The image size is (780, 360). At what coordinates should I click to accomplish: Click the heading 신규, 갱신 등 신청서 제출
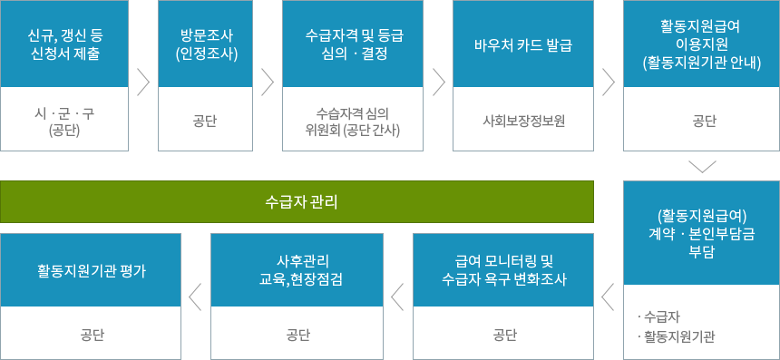pyautogui.click(x=64, y=44)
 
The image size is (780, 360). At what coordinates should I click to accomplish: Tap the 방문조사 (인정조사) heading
pyautogui.click(x=207, y=44)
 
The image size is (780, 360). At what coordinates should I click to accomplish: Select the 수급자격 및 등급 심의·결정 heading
pyautogui.click(x=353, y=44)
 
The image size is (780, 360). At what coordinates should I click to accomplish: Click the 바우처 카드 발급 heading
pyautogui.click(x=523, y=44)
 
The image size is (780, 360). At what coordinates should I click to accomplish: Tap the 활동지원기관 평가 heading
pyautogui.click(x=92, y=271)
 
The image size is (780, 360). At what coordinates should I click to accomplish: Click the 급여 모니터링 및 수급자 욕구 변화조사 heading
pyautogui.click(x=504, y=270)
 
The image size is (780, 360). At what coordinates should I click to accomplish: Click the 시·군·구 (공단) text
pyautogui.click(x=64, y=122)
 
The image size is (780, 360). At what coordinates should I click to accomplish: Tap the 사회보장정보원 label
pyautogui.click(x=523, y=122)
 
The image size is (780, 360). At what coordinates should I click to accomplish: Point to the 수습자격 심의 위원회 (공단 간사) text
pyautogui.click(x=353, y=122)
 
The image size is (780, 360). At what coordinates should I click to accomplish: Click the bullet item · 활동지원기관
pyautogui.click(x=676, y=338)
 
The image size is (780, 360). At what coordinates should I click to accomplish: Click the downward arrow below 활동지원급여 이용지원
pyautogui.click(x=702, y=167)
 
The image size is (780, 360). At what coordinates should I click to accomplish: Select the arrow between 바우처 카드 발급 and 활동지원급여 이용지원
pyautogui.click(x=608, y=82)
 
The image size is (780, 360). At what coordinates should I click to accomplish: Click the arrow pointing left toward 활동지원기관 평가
pyautogui.click(x=196, y=297)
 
